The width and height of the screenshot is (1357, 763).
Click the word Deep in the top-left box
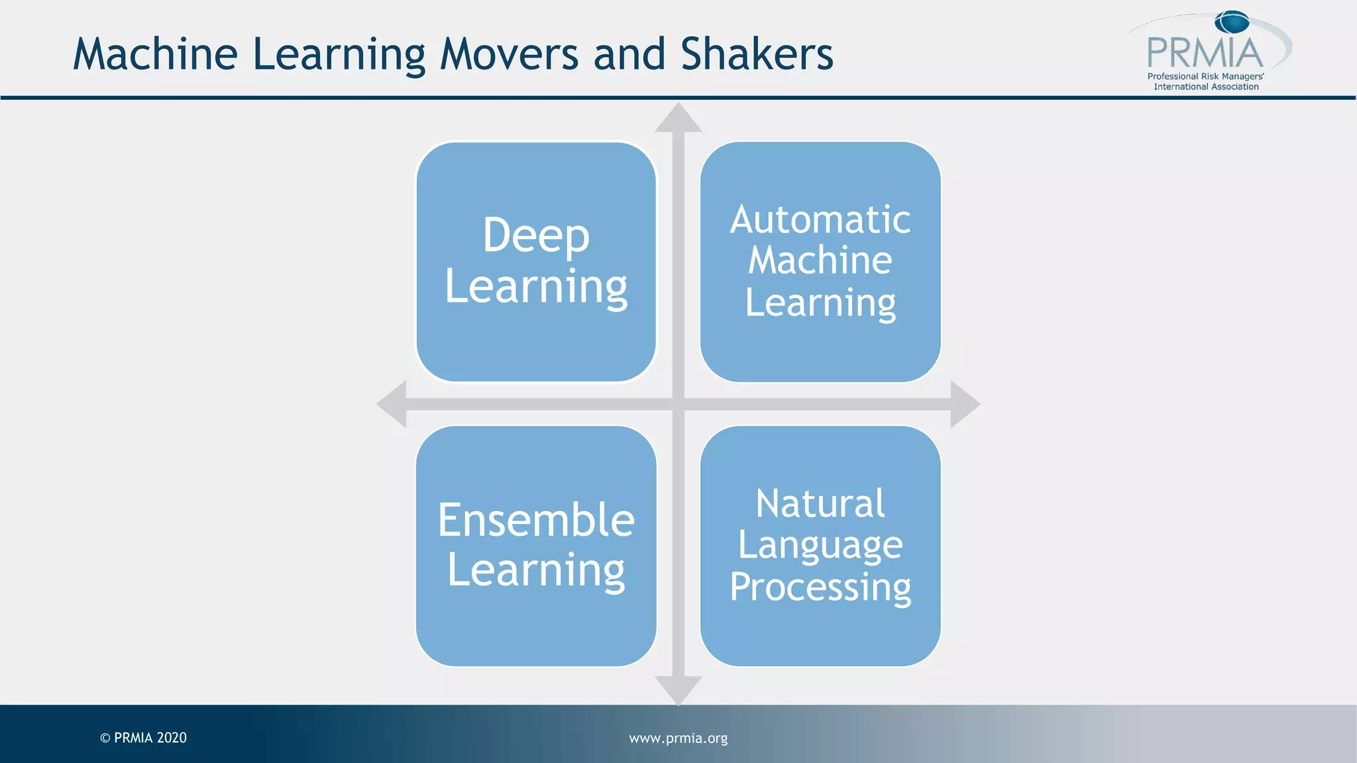click(535, 235)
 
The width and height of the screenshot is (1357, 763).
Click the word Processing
click(820, 587)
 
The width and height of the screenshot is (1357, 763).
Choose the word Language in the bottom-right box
click(820, 546)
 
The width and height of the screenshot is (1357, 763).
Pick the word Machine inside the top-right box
click(820, 260)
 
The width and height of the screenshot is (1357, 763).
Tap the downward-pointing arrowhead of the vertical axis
click(678, 689)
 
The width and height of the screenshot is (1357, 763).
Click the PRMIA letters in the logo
click(1205, 53)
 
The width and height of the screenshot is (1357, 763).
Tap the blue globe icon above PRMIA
click(1232, 22)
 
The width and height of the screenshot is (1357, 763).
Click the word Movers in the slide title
click(509, 54)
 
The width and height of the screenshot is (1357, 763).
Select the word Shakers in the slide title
click(757, 54)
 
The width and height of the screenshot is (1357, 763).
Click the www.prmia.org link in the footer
click(678, 738)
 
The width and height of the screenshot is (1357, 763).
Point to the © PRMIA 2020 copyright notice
click(144, 738)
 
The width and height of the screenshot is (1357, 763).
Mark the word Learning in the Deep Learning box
click(536, 287)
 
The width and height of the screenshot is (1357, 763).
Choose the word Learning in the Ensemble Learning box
click(536, 570)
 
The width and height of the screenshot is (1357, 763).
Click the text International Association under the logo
click(1206, 87)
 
